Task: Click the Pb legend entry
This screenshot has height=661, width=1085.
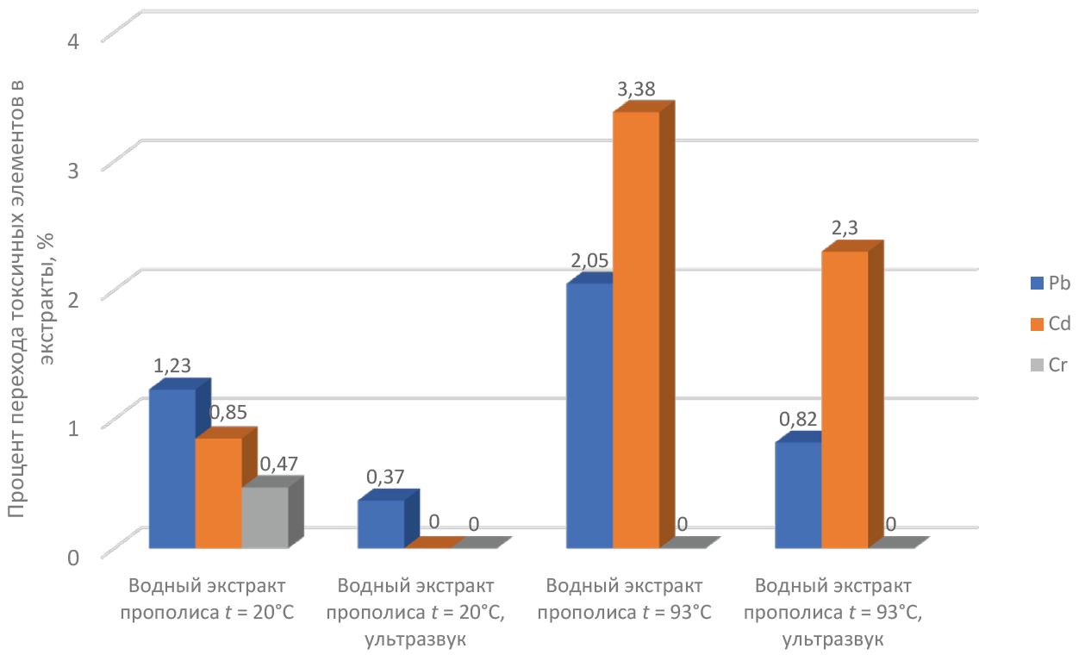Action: [x=1051, y=284]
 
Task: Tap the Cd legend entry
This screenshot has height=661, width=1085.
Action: [x=1051, y=324]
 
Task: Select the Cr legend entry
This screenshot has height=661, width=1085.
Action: [x=1049, y=365]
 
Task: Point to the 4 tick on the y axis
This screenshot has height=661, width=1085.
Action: [x=73, y=41]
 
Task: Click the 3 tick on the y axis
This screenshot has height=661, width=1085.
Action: [x=73, y=170]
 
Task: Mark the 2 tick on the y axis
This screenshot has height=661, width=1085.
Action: [x=73, y=299]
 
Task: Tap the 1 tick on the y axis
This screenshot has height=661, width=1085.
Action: [x=73, y=428]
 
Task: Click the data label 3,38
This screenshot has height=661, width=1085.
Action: [x=636, y=89]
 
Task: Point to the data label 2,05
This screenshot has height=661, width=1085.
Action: [x=589, y=261]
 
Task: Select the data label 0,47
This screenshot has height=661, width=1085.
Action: [x=279, y=464]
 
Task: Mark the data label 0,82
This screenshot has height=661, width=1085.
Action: [x=798, y=420]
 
